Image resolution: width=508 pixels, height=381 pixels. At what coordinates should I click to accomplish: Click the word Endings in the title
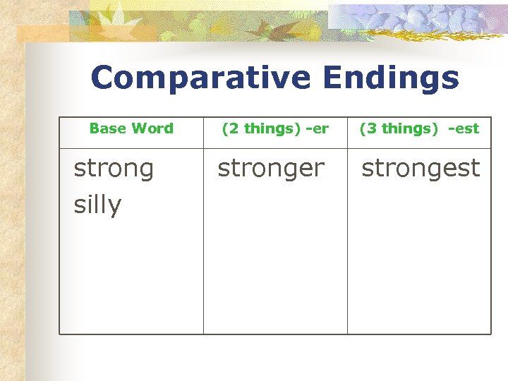pos(391,78)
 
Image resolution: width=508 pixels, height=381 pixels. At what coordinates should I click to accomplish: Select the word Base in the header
pos(108,128)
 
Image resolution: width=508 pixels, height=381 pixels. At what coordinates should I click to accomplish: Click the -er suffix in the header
pos(317,128)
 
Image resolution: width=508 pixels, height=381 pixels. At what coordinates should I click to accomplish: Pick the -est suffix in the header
pos(463,128)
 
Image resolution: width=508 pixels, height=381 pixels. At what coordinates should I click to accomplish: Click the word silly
pos(97,205)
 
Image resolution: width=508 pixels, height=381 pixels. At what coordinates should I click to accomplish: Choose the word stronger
pos(271,169)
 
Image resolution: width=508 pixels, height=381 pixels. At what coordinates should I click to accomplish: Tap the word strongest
pos(421,169)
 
